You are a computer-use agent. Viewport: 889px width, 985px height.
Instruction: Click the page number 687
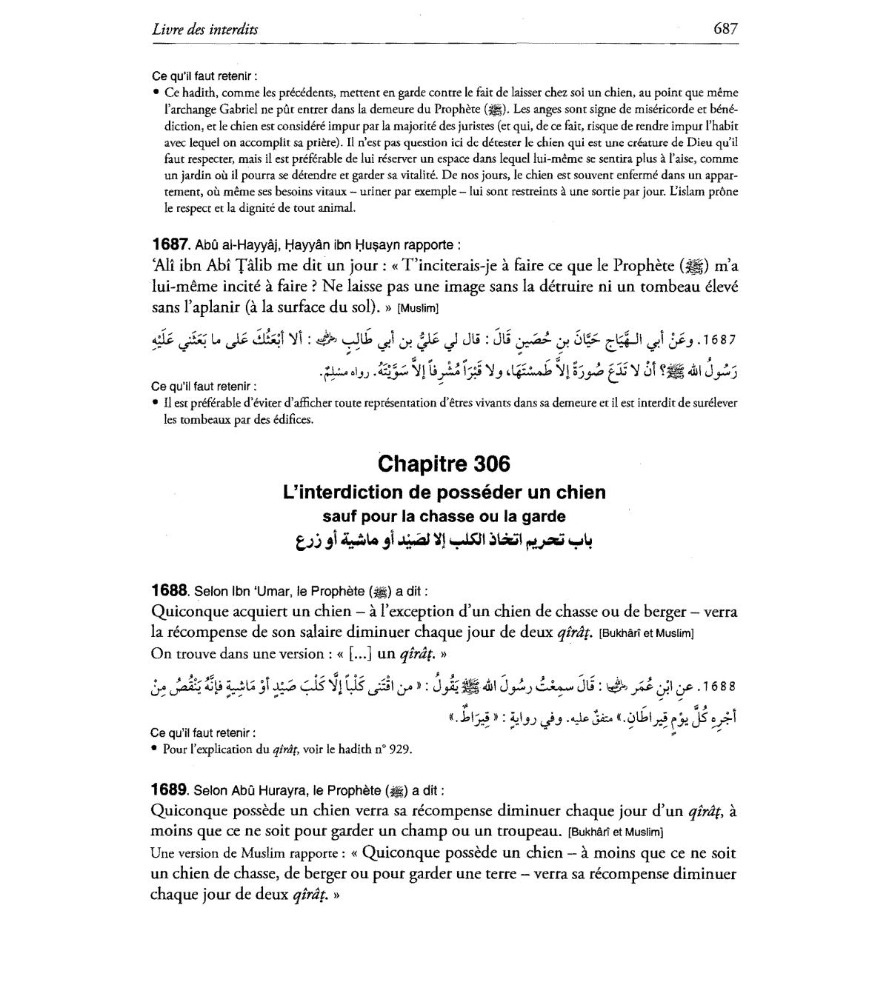pos(725,29)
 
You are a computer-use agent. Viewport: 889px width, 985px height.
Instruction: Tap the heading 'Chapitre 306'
pos(444,464)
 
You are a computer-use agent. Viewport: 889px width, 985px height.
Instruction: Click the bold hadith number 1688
pos(169,590)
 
